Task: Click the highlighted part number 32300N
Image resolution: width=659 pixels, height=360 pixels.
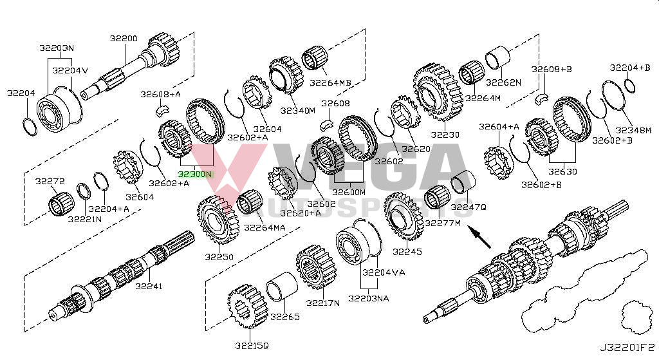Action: (x=195, y=174)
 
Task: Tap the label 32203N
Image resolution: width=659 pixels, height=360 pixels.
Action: (x=56, y=48)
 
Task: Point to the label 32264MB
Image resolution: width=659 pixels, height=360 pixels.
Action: (x=330, y=82)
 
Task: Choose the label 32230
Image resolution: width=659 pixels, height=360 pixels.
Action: (x=445, y=135)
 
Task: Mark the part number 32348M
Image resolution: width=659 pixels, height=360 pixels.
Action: (x=635, y=131)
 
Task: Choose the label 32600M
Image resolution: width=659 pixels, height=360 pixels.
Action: (x=348, y=192)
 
